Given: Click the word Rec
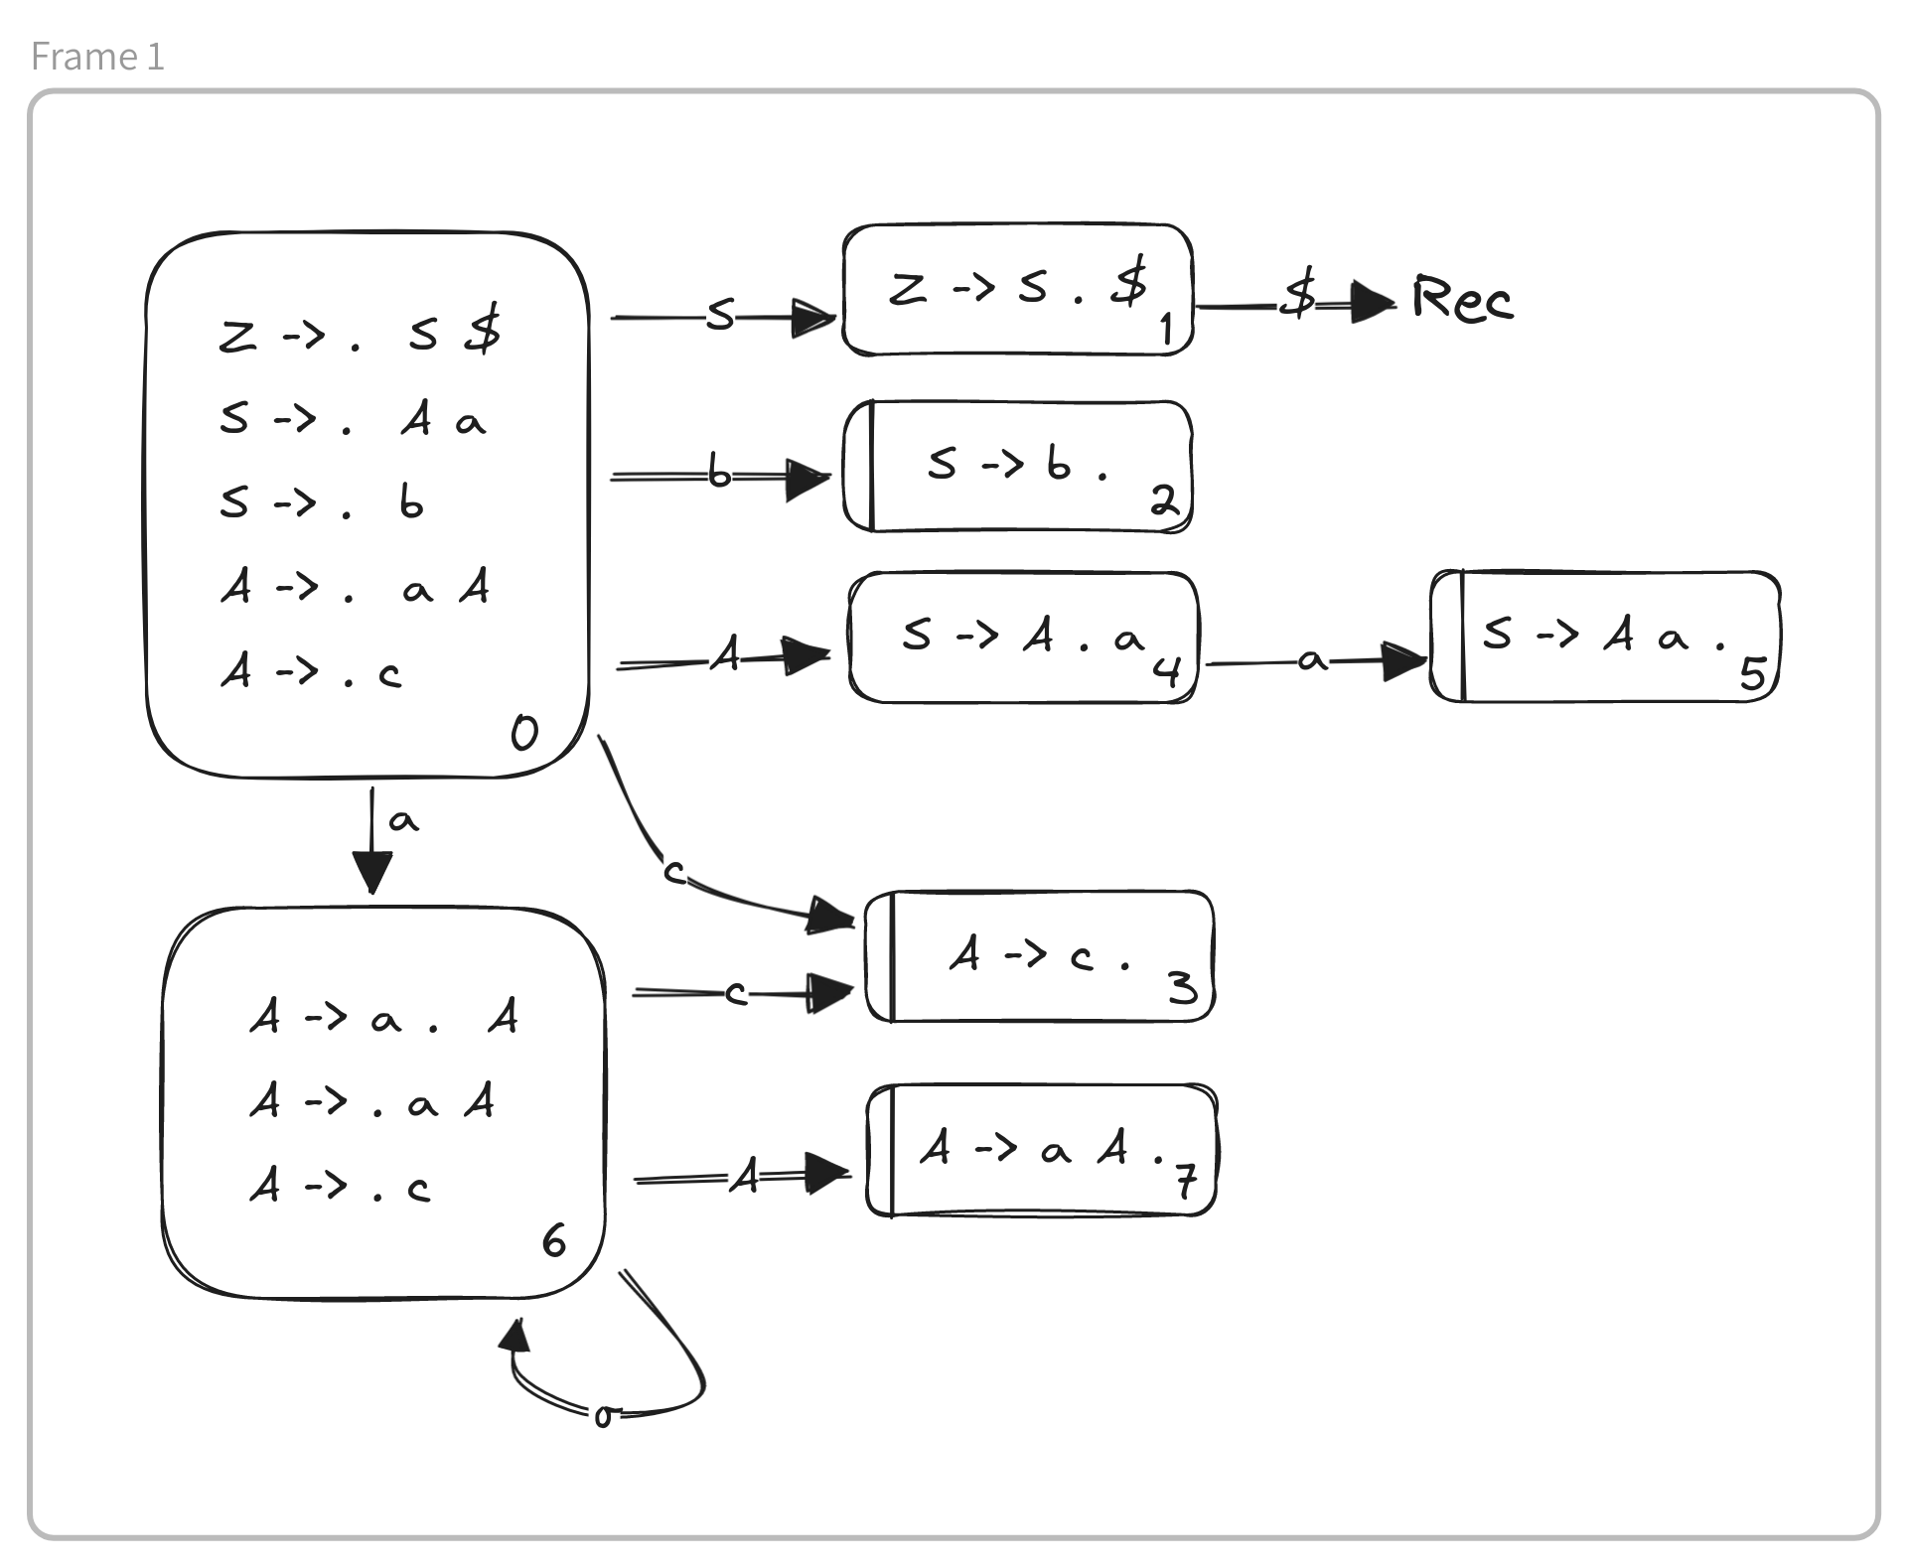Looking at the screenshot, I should (1462, 298).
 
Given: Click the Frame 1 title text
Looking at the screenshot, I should (97, 57).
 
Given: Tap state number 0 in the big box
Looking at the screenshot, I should (524, 733).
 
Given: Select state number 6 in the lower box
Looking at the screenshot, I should (553, 1240).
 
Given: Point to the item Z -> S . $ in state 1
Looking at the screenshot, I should (1017, 288).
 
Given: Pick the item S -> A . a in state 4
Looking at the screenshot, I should (1023, 636).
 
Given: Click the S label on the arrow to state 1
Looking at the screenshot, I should (721, 316).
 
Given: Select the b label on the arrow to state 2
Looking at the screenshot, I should (719, 474).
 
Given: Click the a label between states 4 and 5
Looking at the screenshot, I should (1311, 659).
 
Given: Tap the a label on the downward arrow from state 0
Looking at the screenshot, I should (403, 821).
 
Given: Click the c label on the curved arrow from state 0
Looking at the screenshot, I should (674, 872).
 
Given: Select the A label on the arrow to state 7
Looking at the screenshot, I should (745, 1178).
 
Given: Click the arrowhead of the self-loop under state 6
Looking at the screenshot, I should (514, 1337).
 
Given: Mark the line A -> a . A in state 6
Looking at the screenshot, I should (383, 1017).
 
